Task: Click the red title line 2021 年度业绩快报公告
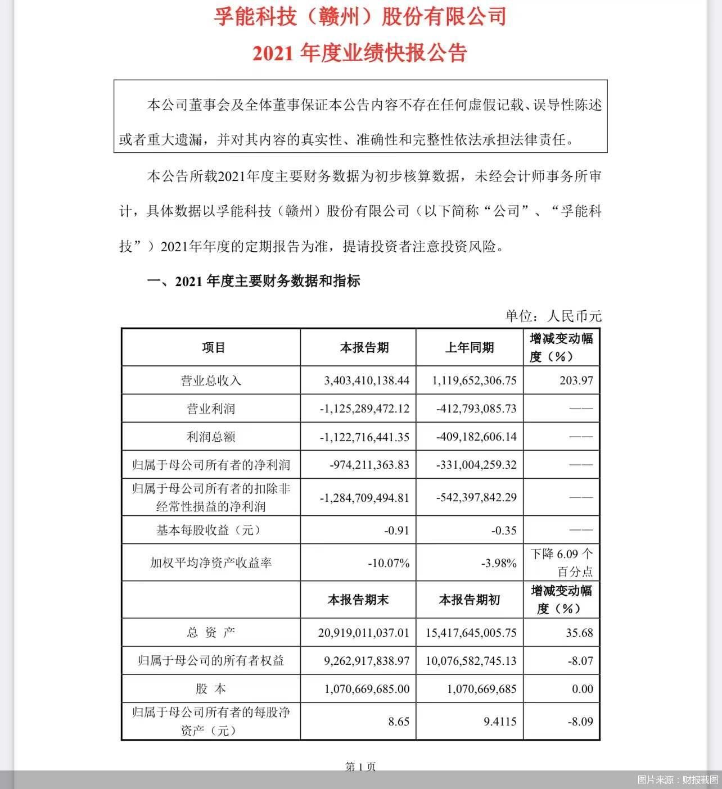coord(360,53)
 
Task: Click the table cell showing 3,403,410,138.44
coord(367,380)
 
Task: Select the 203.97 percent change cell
coord(576,380)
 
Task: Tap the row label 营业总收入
coord(211,380)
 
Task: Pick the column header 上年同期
coord(470,348)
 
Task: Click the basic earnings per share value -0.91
coord(396,530)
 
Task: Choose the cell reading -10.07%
coord(388,563)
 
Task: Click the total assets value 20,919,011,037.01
coord(364,632)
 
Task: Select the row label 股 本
coord(211,688)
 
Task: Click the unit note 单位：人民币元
coord(553,316)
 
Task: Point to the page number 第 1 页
coord(360,767)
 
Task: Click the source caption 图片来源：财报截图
coord(678,779)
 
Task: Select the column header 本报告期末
coord(358,600)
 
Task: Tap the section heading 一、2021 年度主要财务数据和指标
coord(254,281)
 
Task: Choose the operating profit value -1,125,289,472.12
coord(364,409)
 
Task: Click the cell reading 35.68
coord(580,632)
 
